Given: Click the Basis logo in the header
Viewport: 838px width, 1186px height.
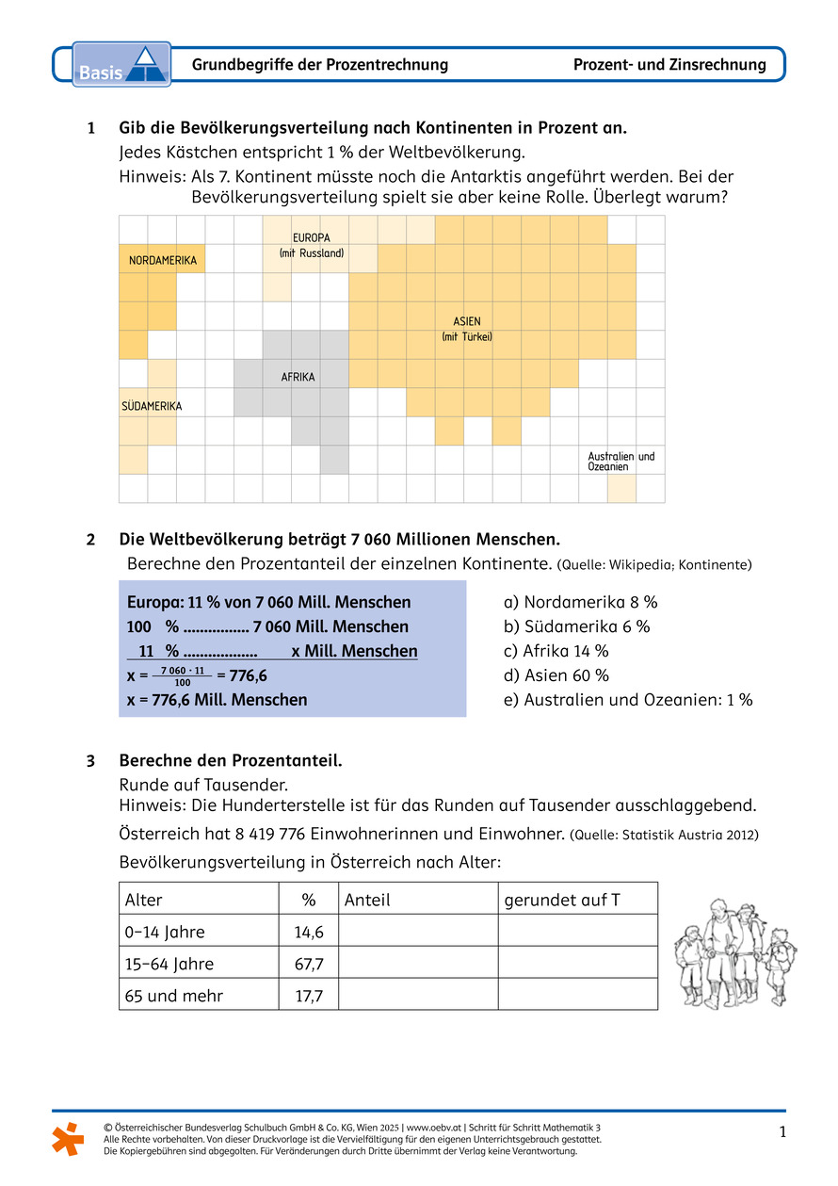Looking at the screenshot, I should [x=121, y=65].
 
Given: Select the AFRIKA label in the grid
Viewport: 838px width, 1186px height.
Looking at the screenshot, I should [x=298, y=377].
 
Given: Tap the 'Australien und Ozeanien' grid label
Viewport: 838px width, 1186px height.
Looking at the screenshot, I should [x=620, y=462].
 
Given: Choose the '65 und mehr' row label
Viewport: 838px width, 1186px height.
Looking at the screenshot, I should [x=174, y=995].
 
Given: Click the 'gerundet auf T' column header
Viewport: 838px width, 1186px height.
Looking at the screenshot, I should [x=562, y=900].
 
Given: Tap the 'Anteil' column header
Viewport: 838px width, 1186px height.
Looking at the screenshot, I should [x=367, y=900].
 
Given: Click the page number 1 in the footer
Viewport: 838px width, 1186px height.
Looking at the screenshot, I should [x=782, y=1132].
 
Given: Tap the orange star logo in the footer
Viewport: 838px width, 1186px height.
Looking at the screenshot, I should [x=67, y=1138].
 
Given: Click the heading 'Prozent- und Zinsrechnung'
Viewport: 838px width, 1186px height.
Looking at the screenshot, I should [x=669, y=65].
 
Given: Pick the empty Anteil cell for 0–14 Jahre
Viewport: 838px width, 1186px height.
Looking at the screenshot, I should [x=417, y=932].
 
